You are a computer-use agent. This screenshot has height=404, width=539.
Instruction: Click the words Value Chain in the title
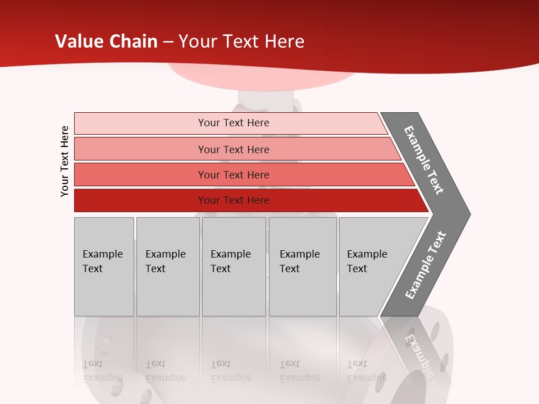[106, 42]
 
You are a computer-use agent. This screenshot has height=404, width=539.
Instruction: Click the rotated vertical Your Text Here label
[65, 161]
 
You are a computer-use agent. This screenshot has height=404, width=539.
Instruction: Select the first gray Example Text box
[104, 267]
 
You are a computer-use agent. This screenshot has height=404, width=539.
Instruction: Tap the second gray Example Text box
[167, 267]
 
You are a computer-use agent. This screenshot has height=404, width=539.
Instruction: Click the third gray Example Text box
[234, 267]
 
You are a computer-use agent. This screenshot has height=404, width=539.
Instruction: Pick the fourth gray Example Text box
[303, 267]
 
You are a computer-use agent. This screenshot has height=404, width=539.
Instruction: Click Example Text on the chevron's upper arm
[424, 160]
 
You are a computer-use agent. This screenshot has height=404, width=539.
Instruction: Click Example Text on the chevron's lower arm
[426, 265]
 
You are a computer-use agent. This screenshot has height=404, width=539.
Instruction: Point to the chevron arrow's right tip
[469, 214]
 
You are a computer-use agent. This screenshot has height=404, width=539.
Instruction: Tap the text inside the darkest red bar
[234, 200]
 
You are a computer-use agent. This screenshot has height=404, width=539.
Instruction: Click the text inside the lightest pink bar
[234, 123]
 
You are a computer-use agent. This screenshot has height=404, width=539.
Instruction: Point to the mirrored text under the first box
[103, 371]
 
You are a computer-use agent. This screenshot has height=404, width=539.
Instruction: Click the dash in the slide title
[168, 42]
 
